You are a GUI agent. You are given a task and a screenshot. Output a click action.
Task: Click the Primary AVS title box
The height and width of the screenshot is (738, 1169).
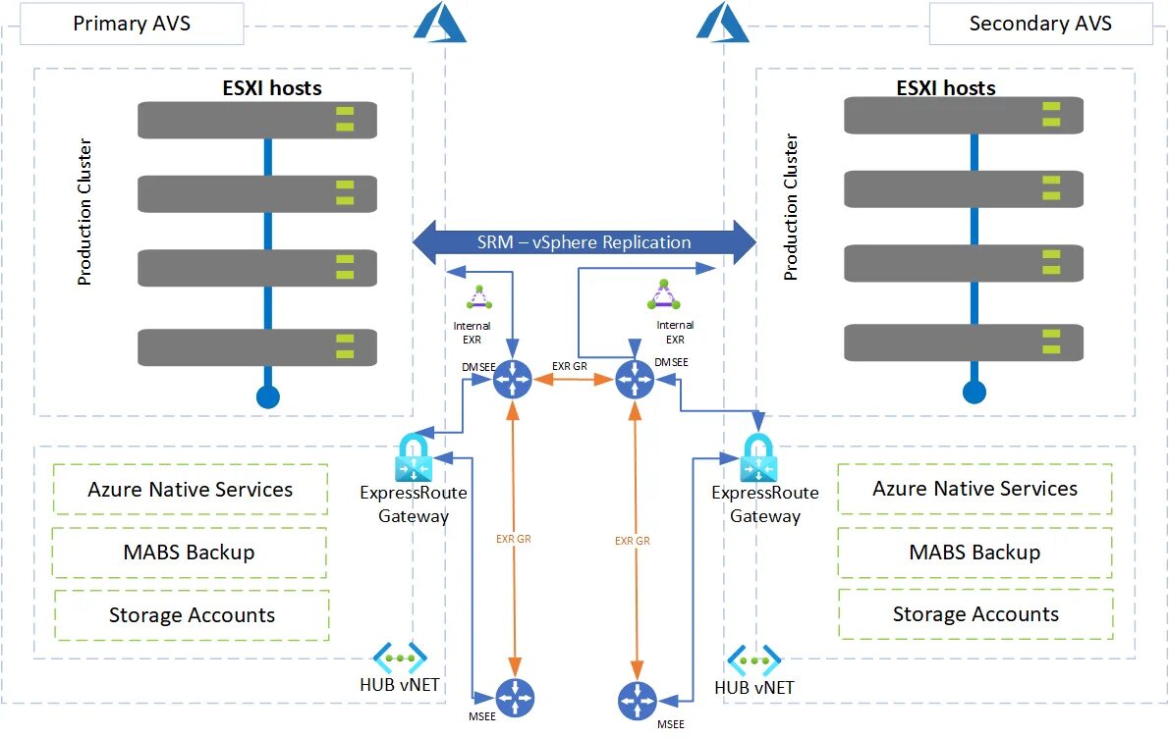(x=131, y=24)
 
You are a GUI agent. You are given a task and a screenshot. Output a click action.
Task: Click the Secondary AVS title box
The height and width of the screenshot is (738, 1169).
(x=1040, y=24)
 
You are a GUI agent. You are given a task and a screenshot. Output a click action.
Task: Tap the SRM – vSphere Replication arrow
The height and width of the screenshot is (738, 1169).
(x=584, y=241)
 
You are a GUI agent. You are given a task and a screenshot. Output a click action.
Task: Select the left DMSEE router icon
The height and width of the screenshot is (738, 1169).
(x=512, y=379)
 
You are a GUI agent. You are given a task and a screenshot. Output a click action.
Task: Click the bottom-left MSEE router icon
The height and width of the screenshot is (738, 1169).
(x=514, y=699)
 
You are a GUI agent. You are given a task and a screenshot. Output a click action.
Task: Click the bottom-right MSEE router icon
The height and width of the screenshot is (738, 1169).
(x=638, y=700)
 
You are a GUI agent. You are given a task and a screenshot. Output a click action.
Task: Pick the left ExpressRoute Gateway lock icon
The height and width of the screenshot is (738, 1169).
(x=414, y=457)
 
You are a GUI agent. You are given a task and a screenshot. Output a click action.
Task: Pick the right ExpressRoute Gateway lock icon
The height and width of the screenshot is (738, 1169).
(x=764, y=458)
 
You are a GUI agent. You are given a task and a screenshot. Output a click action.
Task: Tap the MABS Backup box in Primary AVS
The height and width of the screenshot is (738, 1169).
(x=190, y=553)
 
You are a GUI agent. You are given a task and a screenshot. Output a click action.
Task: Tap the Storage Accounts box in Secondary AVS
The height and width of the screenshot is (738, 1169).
(x=975, y=615)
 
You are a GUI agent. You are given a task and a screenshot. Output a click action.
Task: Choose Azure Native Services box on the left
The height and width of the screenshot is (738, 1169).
(x=191, y=490)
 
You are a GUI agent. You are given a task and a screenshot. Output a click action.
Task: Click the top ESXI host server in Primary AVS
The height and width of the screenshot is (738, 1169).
(x=257, y=120)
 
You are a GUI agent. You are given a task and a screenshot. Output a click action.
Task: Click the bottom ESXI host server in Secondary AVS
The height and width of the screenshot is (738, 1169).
(x=964, y=343)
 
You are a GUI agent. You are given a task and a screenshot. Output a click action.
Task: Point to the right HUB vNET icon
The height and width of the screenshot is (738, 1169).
(x=753, y=659)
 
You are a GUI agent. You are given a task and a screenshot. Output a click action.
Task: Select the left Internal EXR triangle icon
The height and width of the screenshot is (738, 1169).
(x=478, y=297)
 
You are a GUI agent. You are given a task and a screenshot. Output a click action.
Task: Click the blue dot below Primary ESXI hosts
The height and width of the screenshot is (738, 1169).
(x=267, y=396)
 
